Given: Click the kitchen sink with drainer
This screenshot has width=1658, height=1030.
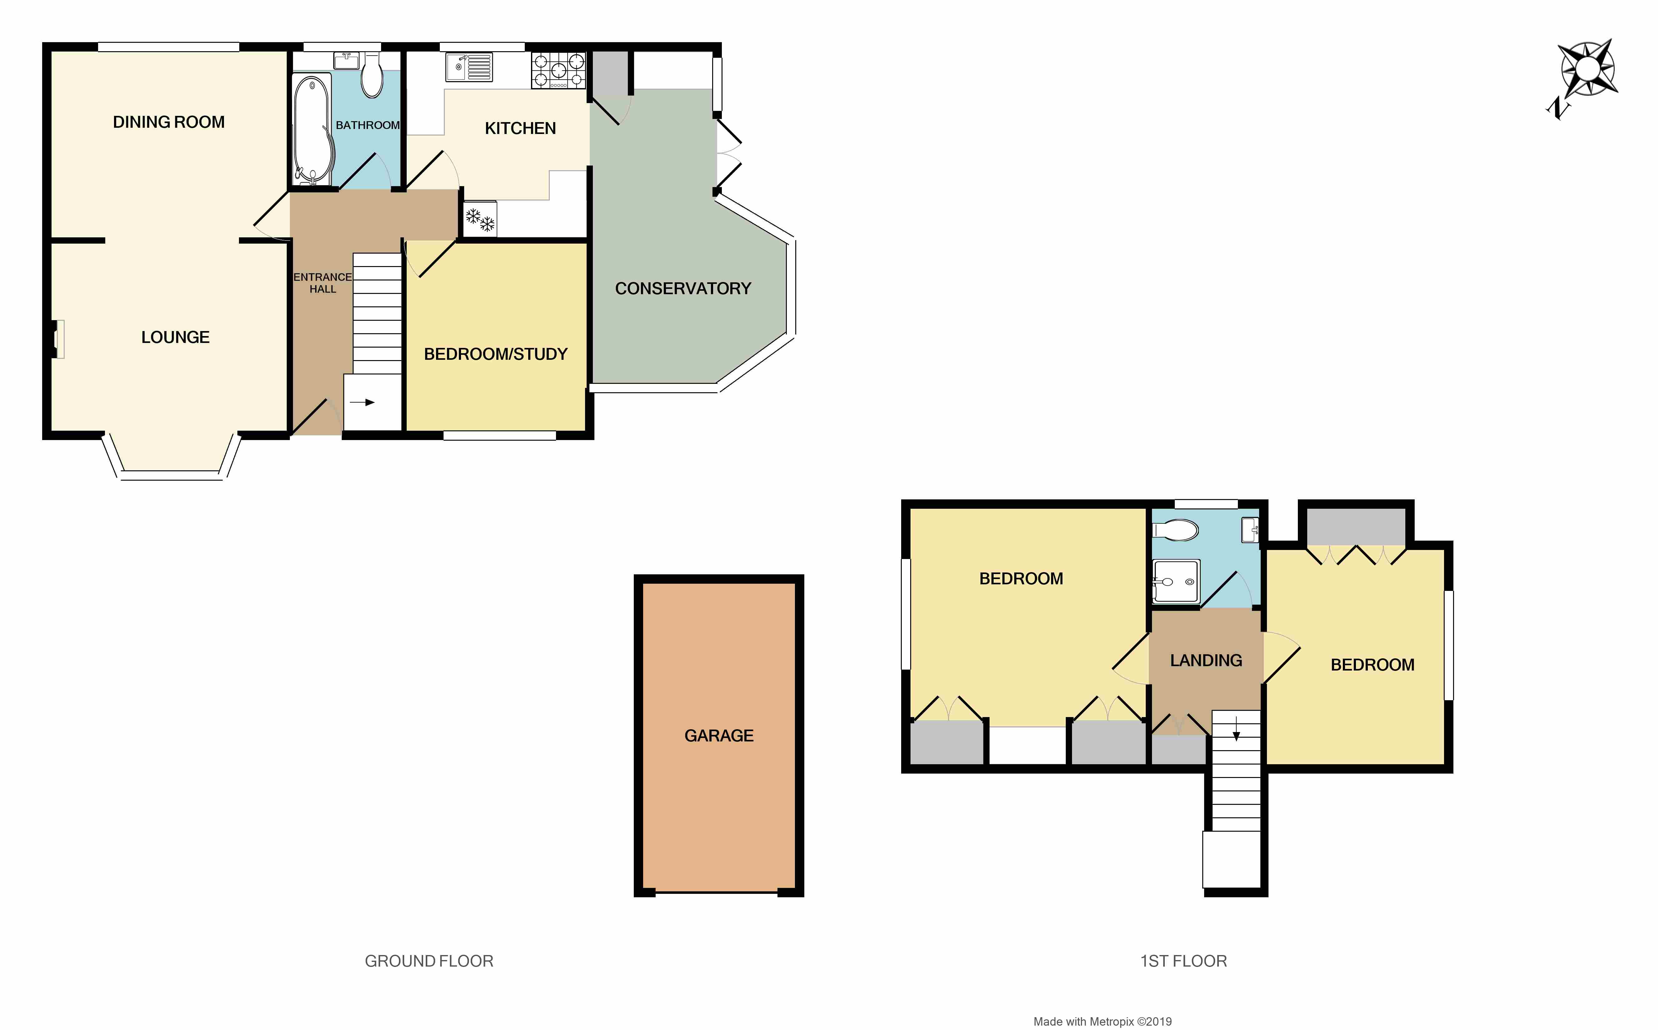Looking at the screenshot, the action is click(469, 67).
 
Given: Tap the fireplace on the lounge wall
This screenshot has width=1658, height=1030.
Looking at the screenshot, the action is click(57, 339).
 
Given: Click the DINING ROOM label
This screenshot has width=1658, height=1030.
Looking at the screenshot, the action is click(169, 122).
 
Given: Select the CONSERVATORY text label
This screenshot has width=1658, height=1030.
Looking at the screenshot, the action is click(683, 288).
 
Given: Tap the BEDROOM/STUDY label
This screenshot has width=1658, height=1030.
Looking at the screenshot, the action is click(496, 354).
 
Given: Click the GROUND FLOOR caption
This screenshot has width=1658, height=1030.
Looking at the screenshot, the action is click(429, 961).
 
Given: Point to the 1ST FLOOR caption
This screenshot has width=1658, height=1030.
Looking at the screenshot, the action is click(1184, 961).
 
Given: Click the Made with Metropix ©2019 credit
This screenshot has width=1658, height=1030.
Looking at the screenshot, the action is click(1103, 1021).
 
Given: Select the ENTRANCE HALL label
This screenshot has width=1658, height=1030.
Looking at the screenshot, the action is click(323, 283).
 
